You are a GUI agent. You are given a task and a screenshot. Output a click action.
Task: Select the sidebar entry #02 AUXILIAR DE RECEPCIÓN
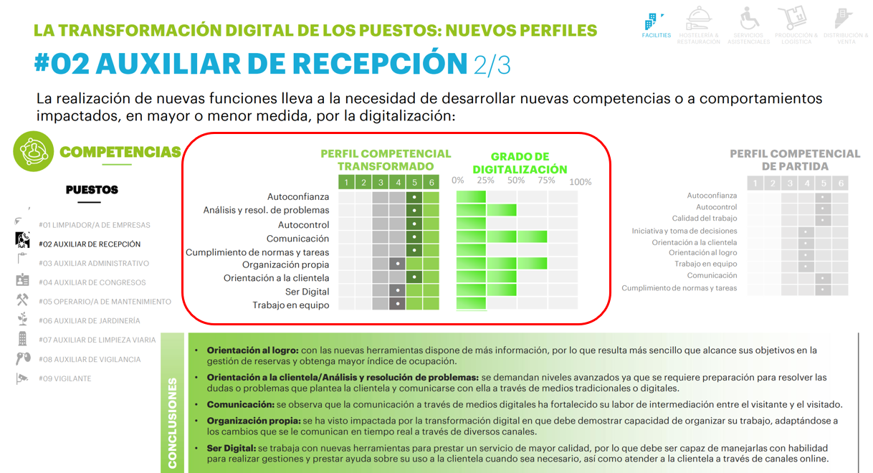90,244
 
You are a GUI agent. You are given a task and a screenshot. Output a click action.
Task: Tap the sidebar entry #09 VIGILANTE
65,378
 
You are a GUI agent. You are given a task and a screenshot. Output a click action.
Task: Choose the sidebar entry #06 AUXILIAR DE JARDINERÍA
90,320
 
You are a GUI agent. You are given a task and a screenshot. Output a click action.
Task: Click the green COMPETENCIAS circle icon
33,152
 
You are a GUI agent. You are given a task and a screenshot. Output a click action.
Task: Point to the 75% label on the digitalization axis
546,181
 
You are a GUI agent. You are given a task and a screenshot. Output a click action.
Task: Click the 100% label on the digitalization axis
580,181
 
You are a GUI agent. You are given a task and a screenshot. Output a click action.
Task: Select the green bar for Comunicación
502,237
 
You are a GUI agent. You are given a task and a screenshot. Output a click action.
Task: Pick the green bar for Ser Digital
487,290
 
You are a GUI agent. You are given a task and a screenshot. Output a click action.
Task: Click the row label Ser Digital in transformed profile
307,292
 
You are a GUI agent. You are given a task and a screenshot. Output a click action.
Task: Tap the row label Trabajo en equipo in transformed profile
290,305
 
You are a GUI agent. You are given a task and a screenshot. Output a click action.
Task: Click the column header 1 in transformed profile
346,183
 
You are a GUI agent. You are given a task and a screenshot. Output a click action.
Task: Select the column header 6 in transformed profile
431,183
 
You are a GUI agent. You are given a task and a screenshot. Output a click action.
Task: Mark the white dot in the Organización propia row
397,264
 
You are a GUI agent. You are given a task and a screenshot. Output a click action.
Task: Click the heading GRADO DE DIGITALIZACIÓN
520,163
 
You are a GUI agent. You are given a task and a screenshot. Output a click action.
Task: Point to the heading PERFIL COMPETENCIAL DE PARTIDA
794,160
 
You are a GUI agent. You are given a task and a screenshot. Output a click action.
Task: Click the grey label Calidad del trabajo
704,219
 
